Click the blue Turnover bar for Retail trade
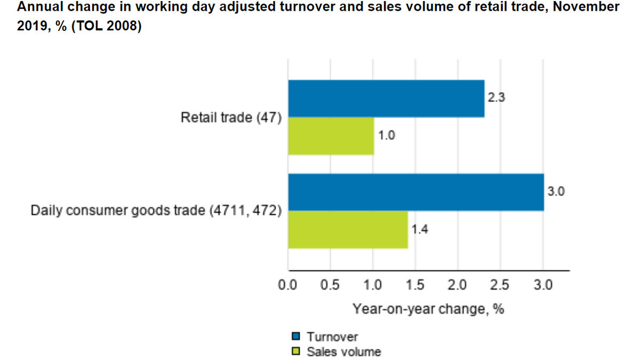pos(386,99)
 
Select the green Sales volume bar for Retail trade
pos(331,136)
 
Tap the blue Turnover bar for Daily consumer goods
pos(415,192)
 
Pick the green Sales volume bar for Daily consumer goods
pos(348,229)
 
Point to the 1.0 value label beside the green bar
pos(386,136)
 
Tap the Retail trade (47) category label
pos(231,117)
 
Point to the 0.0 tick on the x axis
pos(288,285)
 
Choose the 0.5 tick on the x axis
pos(330,285)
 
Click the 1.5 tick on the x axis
pos(415,285)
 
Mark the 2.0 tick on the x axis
pos(458,285)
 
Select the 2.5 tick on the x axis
pos(500,285)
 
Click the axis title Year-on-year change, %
pos(428,309)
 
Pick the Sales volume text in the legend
pos(344,351)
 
